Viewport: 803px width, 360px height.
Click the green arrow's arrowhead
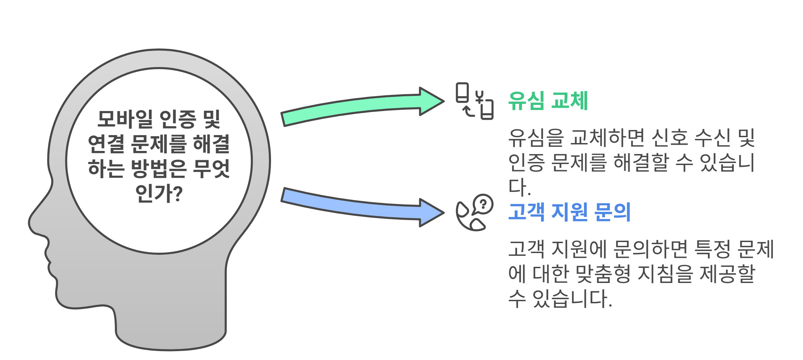[x=432, y=101]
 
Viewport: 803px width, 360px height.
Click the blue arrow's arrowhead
[x=432, y=213]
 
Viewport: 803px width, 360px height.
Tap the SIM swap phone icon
[x=475, y=101]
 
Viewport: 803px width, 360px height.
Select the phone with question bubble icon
[x=475, y=212]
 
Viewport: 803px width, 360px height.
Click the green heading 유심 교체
[x=548, y=101]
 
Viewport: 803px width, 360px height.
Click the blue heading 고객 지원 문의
[x=569, y=212]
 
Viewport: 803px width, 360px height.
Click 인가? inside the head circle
[x=159, y=193]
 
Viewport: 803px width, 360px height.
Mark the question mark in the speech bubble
[x=483, y=204]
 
